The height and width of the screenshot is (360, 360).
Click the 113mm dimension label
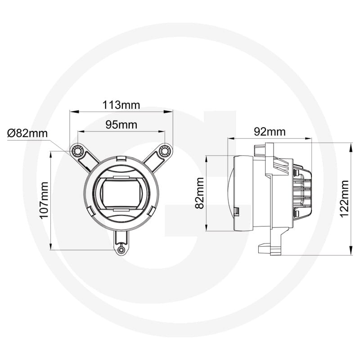pyautogui.click(x=121, y=105)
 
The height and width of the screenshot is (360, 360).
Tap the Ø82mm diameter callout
pyautogui.click(x=28, y=133)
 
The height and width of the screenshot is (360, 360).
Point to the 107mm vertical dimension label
pyautogui.click(x=44, y=200)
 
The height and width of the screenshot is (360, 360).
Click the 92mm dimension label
pyautogui.click(x=270, y=131)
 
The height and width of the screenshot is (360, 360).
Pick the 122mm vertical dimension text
pyautogui.click(x=345, y=198)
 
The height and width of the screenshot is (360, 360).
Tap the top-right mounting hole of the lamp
pyautogui.click(x=165, y=149)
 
